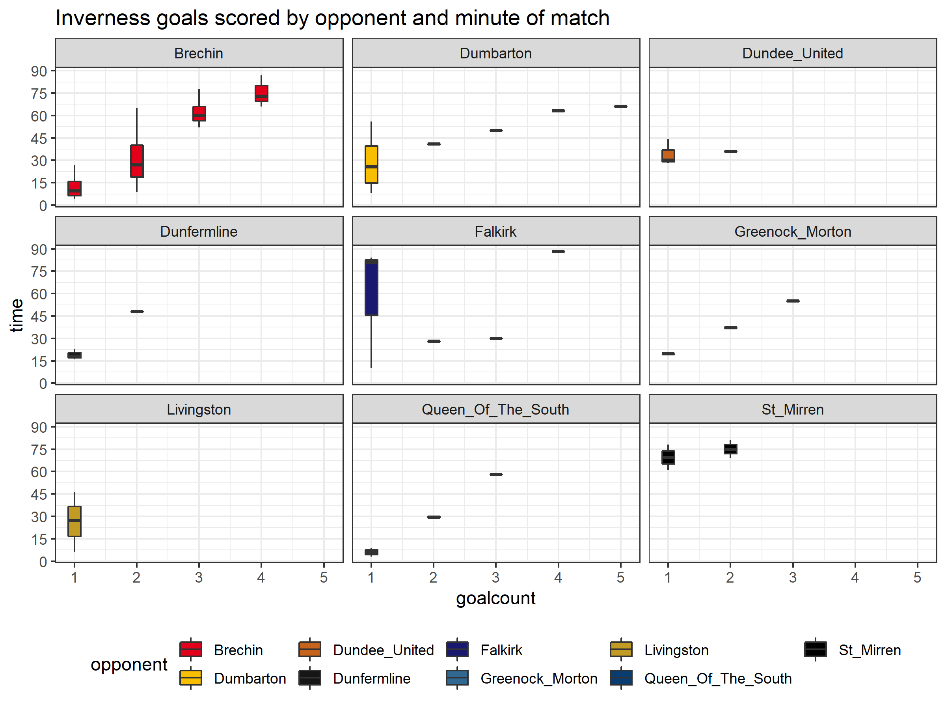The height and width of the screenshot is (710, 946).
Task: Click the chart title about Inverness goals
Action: coord(332,18)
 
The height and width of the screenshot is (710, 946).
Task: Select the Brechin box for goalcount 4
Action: coord(261,93)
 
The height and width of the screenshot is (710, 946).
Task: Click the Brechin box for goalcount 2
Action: coord(137,161)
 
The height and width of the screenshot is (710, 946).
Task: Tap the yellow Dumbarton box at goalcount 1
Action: coord(371,164)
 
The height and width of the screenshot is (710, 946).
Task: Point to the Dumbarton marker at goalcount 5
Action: coord(620,106)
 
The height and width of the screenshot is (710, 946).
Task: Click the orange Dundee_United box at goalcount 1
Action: coord(668,156)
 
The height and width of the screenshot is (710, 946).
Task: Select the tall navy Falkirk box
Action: coord(371,288)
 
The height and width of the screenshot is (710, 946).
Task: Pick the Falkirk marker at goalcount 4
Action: coord(558,252)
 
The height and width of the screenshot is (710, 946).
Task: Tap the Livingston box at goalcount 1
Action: coord(74,521)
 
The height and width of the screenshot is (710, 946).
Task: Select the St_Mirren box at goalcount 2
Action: coord(730,449)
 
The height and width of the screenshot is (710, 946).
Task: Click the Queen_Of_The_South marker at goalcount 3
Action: coord(496,474)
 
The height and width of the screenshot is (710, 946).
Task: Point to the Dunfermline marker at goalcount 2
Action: coord(137,312)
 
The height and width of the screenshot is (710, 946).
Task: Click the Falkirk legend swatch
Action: coord(457,649)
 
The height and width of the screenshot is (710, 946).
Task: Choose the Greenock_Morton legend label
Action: coord(539,678)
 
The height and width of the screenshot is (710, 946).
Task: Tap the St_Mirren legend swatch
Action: coord(815,649)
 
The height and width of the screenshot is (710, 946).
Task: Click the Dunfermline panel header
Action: coord(199,232)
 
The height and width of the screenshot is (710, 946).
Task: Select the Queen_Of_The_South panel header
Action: coord(496,409)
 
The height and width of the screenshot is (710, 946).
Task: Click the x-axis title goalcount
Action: coord(496,598)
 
